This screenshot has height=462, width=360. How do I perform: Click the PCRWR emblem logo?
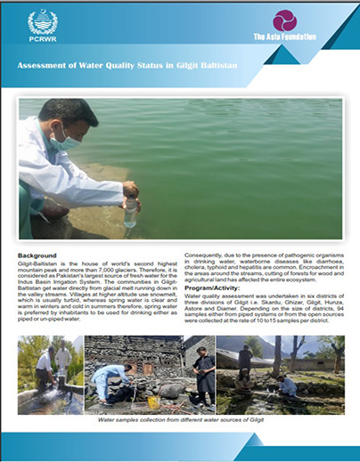pyautogui.click(x=42, y=22)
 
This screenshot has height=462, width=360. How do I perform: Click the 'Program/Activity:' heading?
pyautogui.click(x=215, y=288)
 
